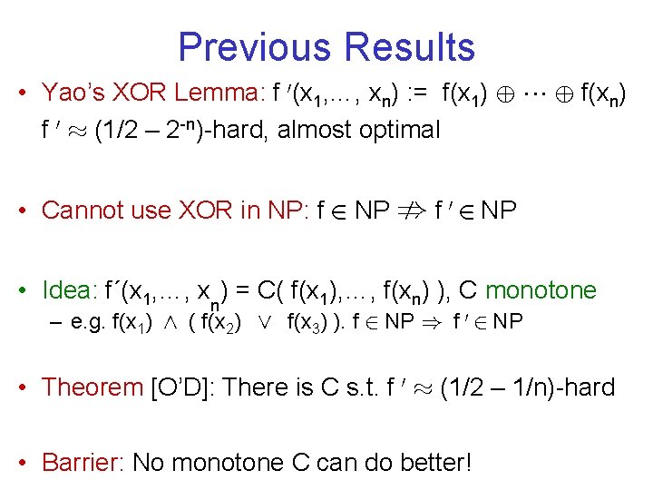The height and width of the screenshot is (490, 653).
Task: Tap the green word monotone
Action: [x=541, y=290]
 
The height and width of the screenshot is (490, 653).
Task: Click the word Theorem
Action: [x=92, y=387]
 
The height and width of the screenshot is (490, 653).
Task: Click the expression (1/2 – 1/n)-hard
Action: [x=528, y=387]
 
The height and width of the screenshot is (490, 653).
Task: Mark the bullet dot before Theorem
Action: [x=27, y=388]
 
